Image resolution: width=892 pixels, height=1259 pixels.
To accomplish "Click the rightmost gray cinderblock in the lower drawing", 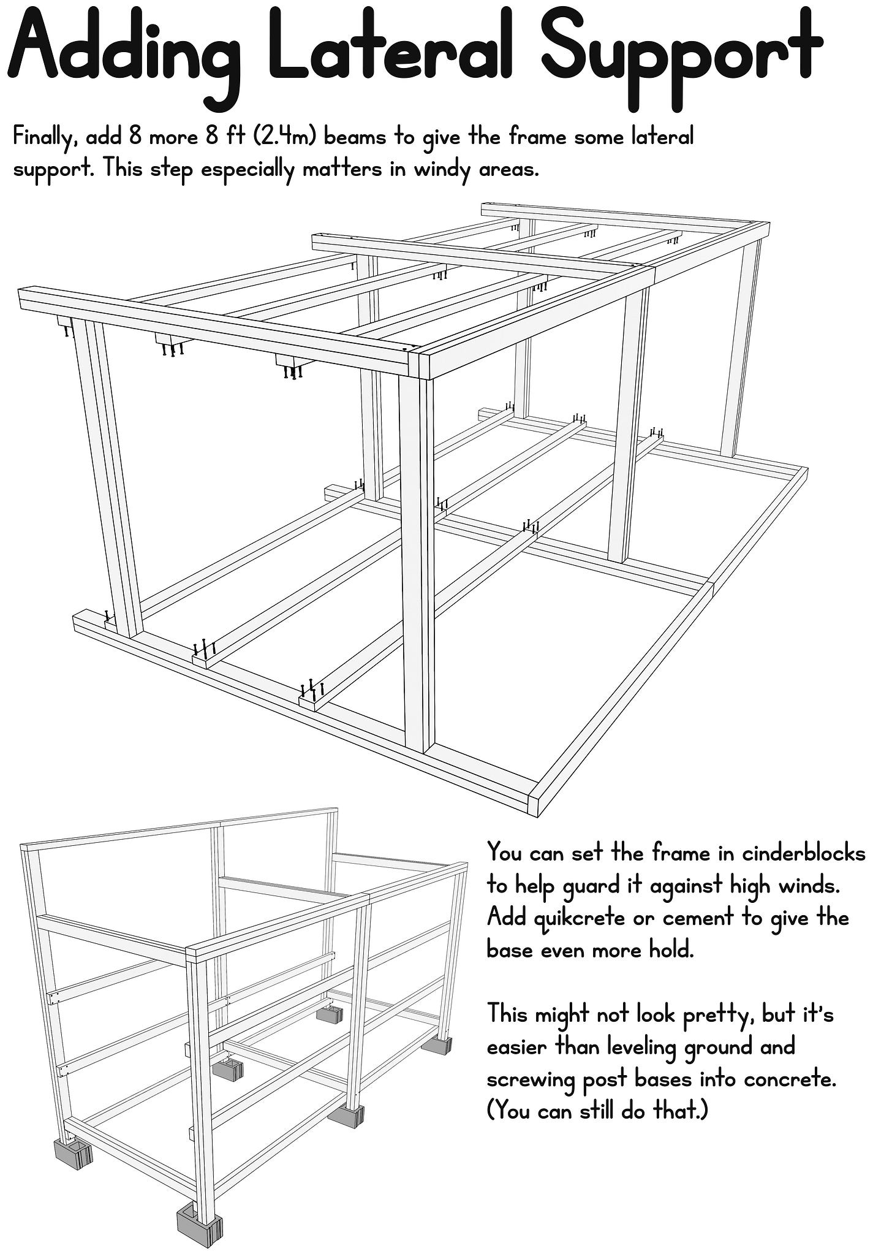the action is click(438, 1045).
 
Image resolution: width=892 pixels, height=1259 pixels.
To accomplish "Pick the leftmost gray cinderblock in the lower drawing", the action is click(73, 1154).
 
